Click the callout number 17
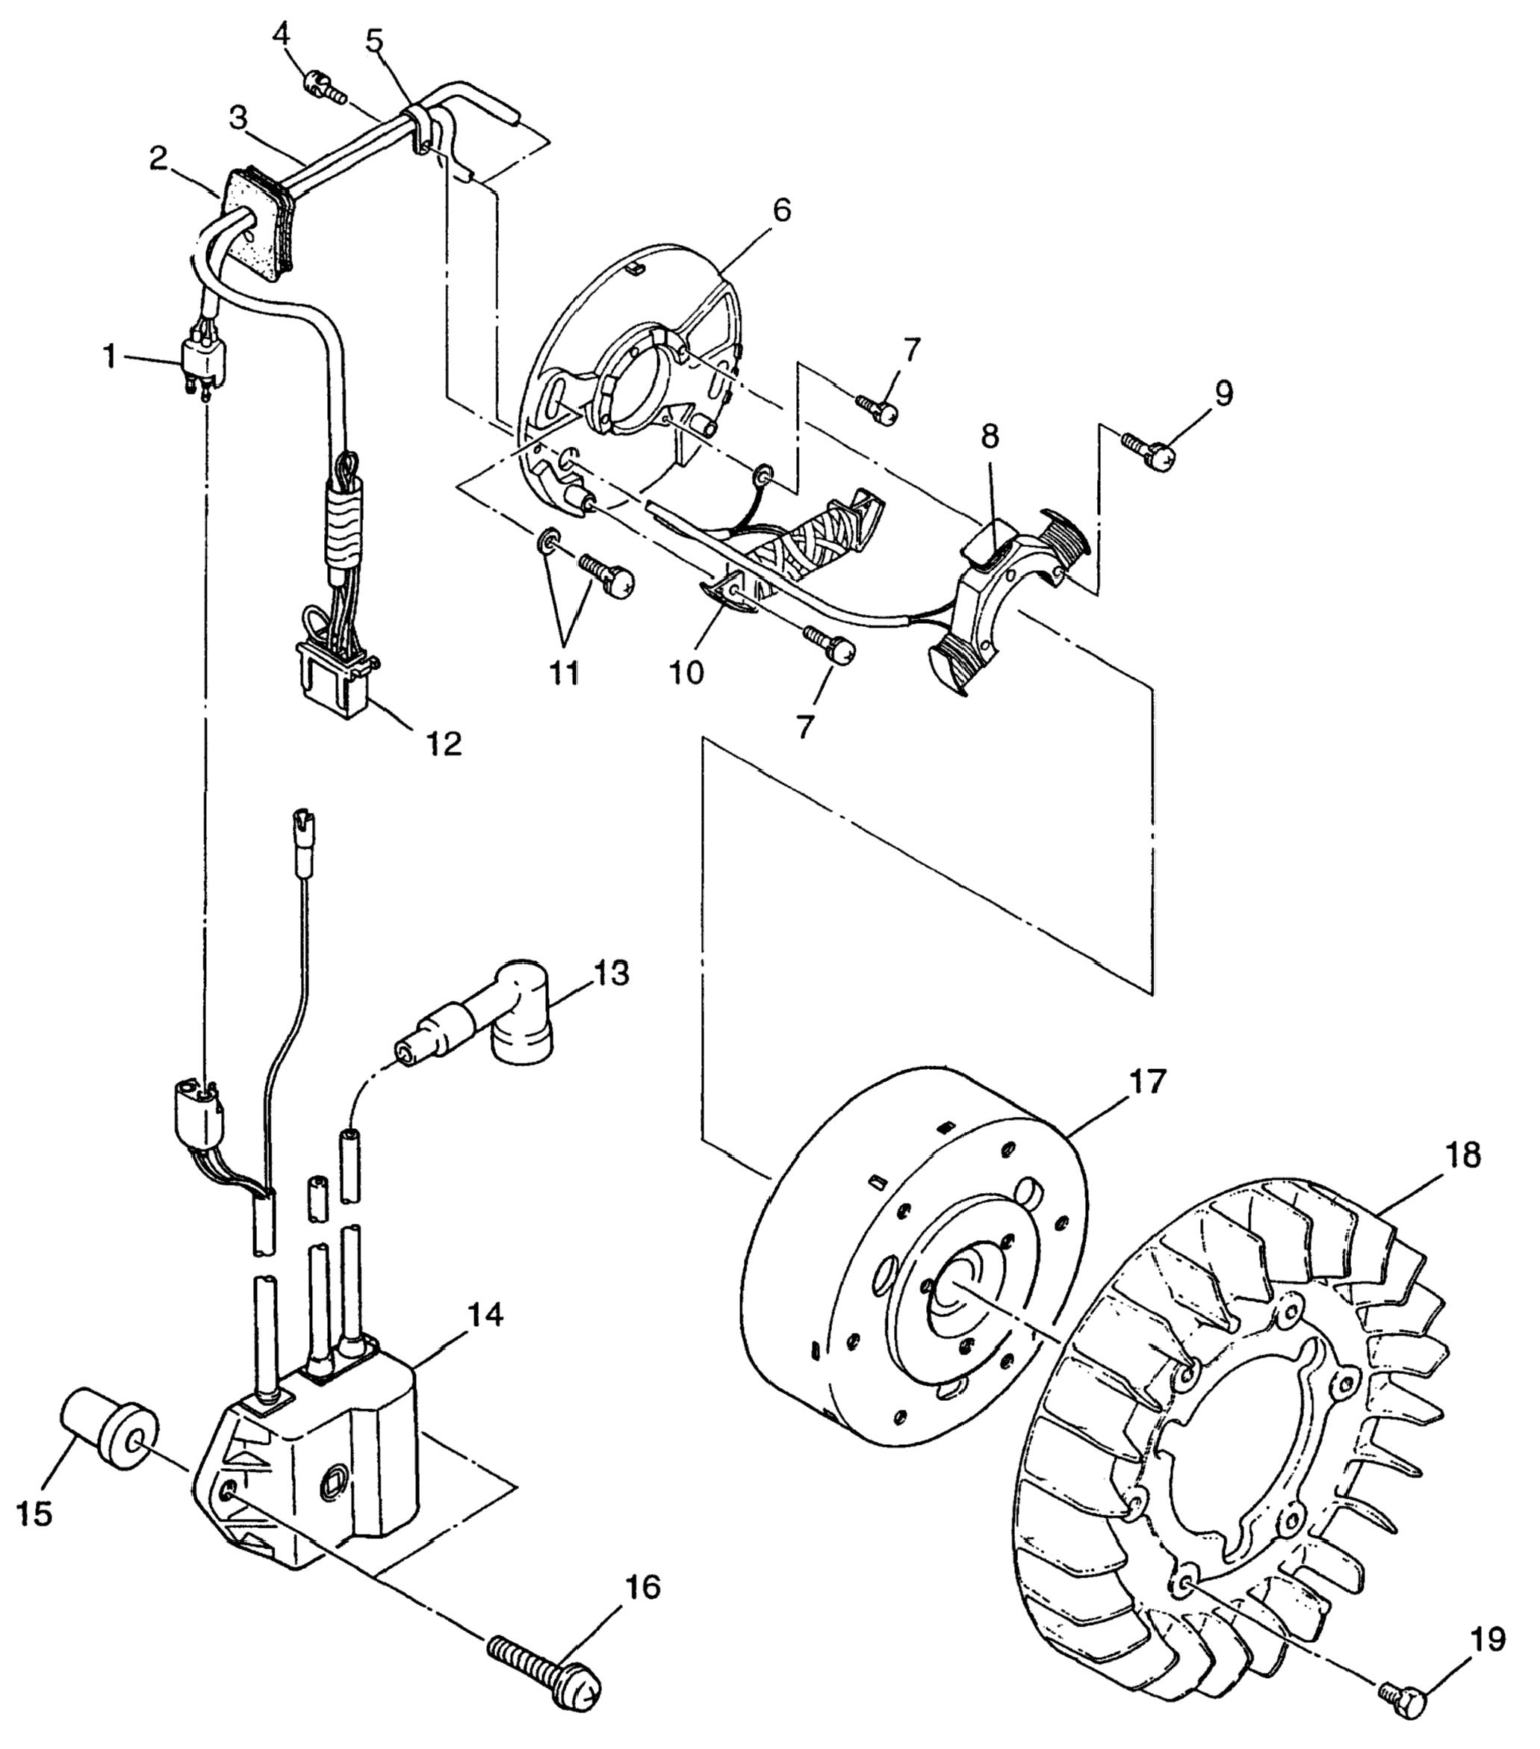click(x=1146, y=1082)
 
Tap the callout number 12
click(x=443, y=743)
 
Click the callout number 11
click(x=564, y=672)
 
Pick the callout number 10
click(x=686, y=672)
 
